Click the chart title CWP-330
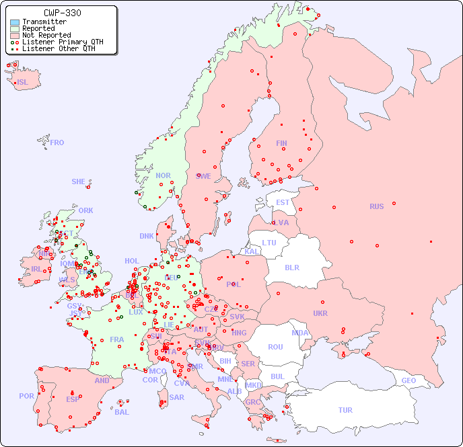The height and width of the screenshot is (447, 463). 62,13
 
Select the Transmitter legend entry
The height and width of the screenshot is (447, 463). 44,22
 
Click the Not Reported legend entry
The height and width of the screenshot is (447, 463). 46,35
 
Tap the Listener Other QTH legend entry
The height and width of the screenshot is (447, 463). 60,48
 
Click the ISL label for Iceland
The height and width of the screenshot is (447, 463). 23,83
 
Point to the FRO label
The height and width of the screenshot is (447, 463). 57,143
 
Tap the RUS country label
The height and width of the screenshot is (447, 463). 376,206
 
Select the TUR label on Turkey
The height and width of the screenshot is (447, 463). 345,410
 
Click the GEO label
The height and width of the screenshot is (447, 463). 408,380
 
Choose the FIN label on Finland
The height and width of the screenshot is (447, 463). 281,143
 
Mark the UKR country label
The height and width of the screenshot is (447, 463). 320,313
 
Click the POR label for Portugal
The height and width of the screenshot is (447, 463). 26,396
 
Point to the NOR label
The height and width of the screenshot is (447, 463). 163,175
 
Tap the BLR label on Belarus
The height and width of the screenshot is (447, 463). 292,267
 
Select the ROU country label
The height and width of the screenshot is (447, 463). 275,347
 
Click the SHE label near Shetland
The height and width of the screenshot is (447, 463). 79,181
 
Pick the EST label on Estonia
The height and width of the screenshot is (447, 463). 283,202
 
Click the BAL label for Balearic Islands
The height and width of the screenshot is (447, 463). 122,412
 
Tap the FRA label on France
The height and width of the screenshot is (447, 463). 117,339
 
